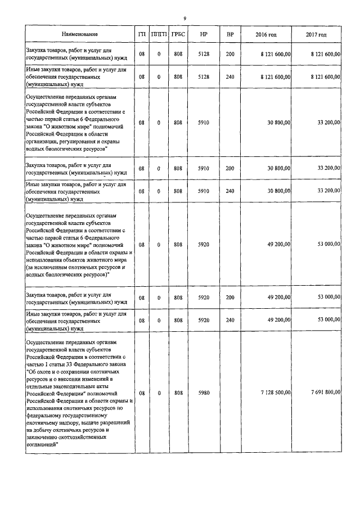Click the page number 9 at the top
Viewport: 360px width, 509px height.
pyautogui.click(x=184, y=19)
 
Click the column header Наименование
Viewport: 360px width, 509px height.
pyautogui.click(x=80, y=35)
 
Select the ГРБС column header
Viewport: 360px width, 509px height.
pyautogui.click(x=178, y=35)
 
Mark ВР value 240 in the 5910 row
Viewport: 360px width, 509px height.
pyautogui.click(x=230, y=191)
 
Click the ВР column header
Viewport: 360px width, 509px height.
pyautogui.click(x=230, y=35)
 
